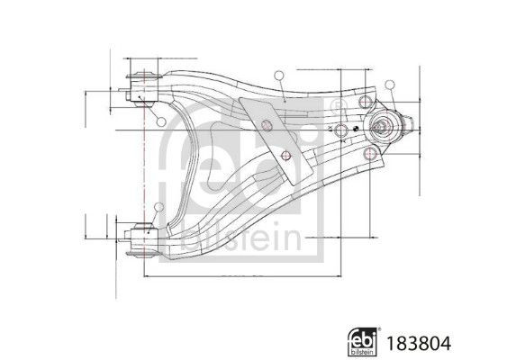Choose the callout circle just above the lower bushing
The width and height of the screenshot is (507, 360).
pos(159,210)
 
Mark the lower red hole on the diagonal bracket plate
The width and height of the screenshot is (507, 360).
pos(287,158)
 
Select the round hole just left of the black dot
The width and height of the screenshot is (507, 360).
pos(343,130)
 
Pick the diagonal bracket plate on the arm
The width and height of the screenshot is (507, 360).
pos(270,135)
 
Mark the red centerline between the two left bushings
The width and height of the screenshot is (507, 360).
pos(142,162)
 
